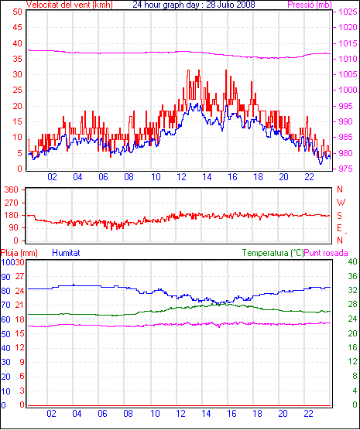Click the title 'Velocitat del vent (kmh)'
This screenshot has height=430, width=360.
point(69,5)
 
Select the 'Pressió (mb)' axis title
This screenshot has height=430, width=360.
point(310,5)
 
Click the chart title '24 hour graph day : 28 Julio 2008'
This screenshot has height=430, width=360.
point(194,5)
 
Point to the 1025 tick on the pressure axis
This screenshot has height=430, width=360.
point(348,12)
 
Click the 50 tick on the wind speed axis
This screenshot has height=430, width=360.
point(17,12)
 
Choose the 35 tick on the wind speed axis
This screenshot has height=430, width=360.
point(17,59)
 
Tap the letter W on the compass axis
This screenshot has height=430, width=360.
point(341,203)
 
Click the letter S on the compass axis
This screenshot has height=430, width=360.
point(340,216)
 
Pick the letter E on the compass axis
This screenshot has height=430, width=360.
point(340,228)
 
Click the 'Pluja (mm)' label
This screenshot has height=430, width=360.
point(19,253)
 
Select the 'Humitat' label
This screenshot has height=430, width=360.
point(66,253)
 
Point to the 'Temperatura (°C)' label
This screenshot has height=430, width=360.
point(273,253)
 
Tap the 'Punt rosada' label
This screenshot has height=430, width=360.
point(326,253)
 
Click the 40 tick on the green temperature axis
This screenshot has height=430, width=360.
point(352,262)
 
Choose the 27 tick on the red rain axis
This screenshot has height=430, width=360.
point(19,276)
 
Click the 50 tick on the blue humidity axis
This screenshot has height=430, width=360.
point(5,334)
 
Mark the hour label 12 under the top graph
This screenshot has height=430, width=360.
point(181,177)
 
